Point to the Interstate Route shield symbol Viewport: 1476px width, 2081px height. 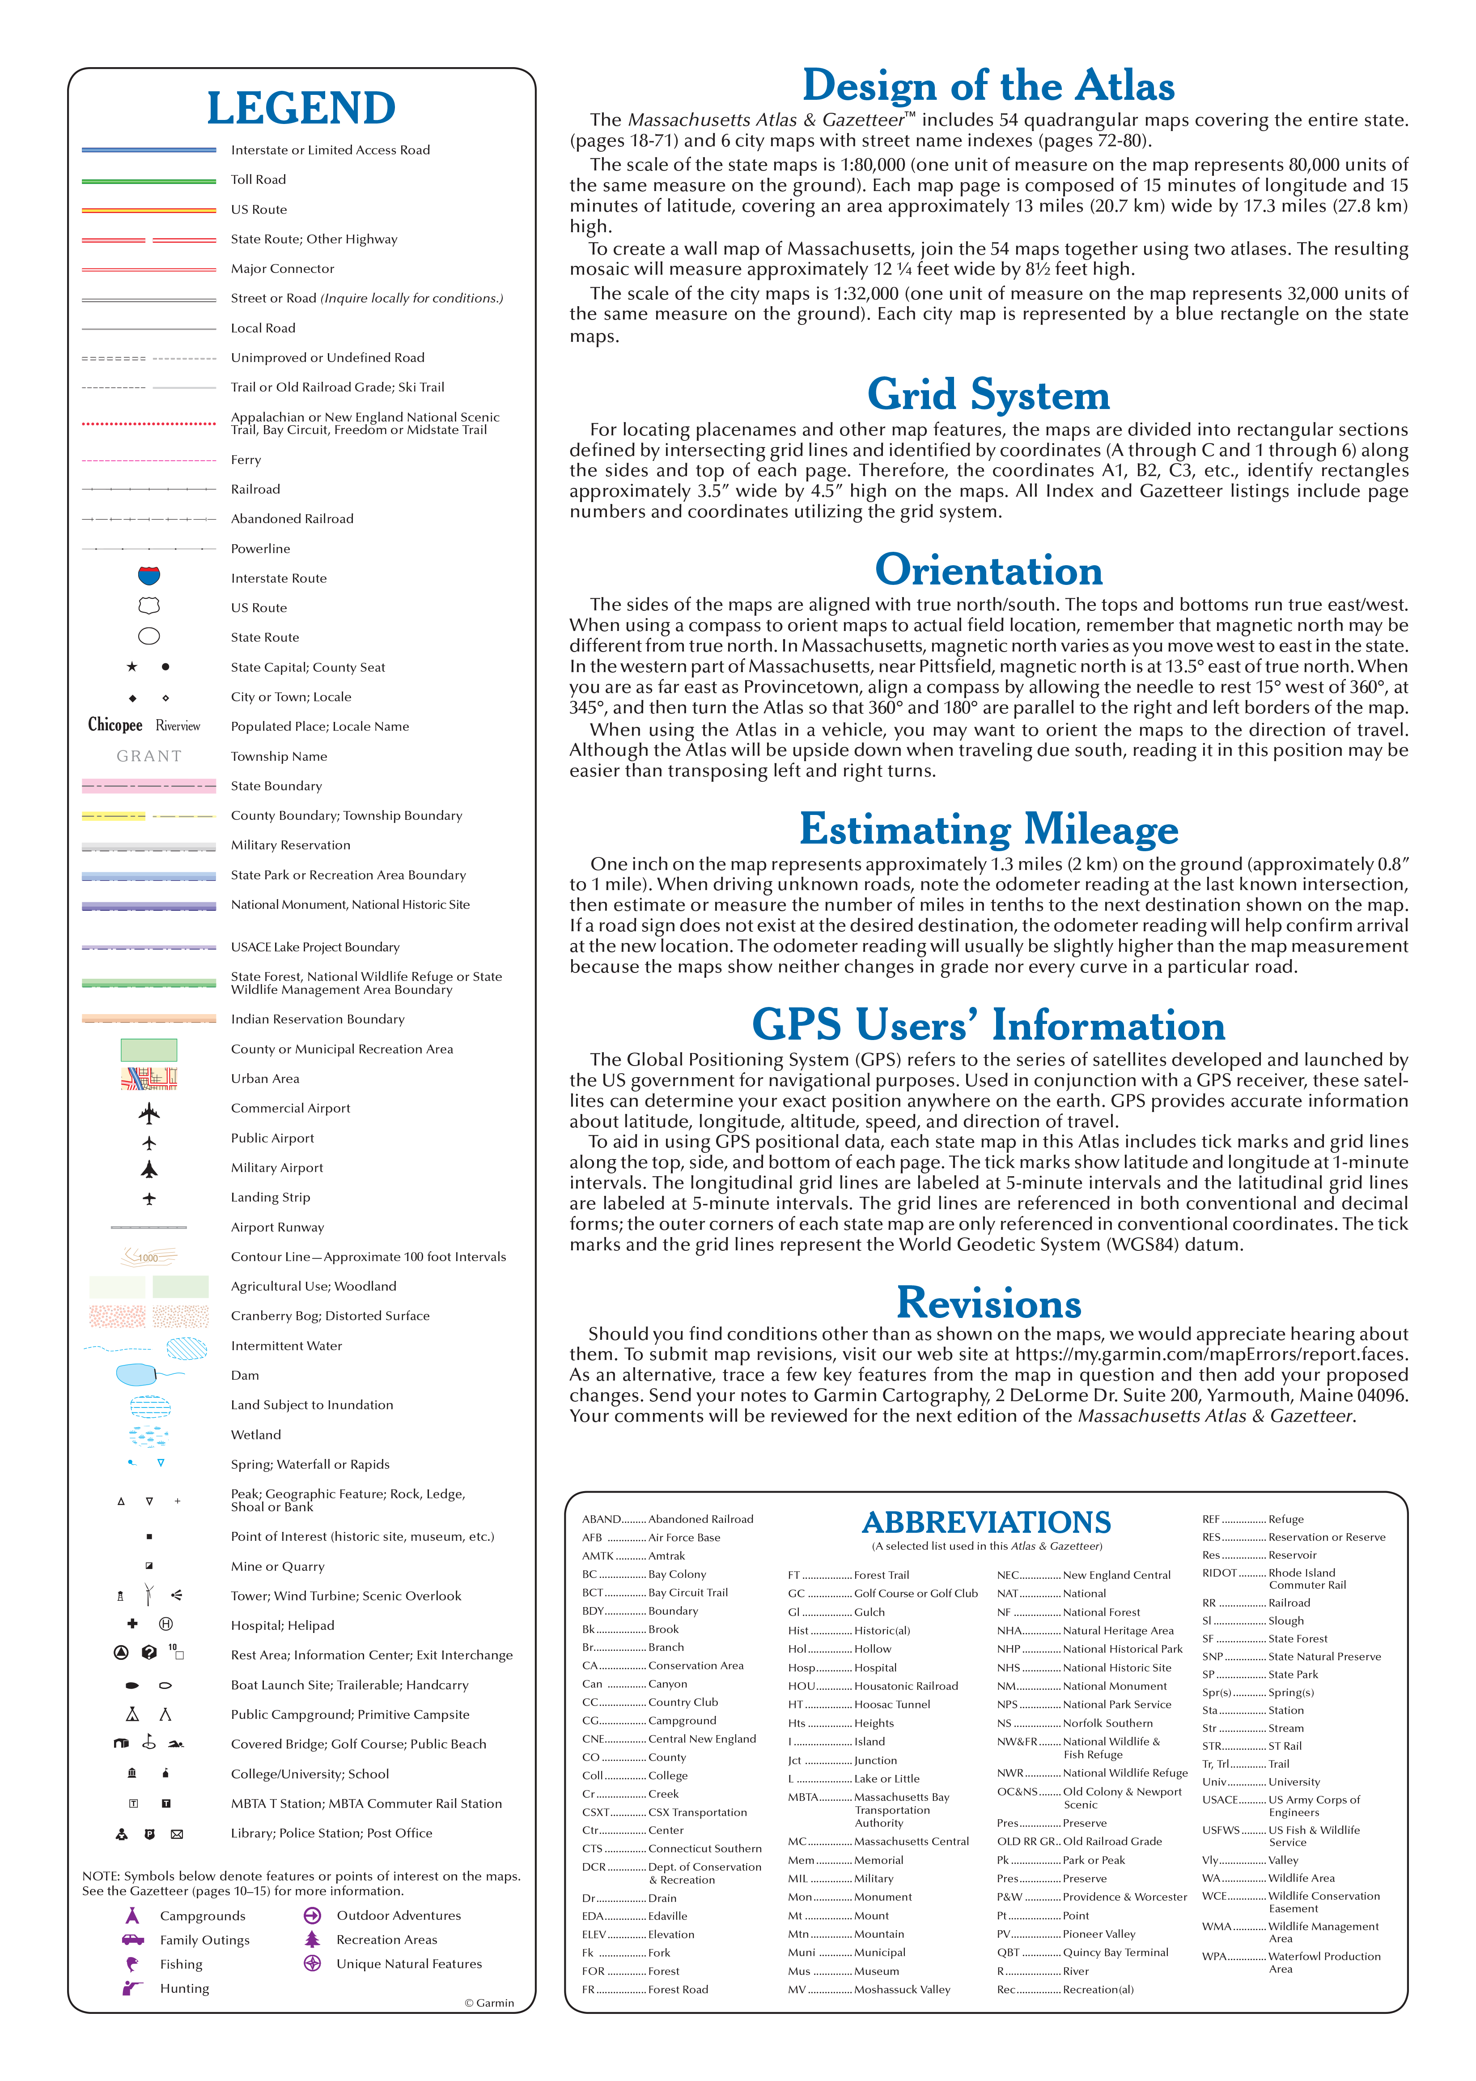(149, 576)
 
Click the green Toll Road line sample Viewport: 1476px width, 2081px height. (149, 180)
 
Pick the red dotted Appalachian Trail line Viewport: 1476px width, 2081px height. (149, 424)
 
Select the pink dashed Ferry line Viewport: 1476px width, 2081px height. (149, 460)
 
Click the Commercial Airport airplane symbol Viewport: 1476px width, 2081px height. (149, 1112)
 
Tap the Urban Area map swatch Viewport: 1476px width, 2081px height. (149, 1078)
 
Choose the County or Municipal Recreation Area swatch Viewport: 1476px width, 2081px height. (149, 1049)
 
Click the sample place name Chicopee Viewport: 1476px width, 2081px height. (115, 725)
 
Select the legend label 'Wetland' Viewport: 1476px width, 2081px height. (255, 1435)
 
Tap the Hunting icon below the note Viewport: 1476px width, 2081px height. (133, 1988)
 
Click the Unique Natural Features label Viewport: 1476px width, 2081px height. (409, 1964)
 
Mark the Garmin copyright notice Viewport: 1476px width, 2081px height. (489, 2003)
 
